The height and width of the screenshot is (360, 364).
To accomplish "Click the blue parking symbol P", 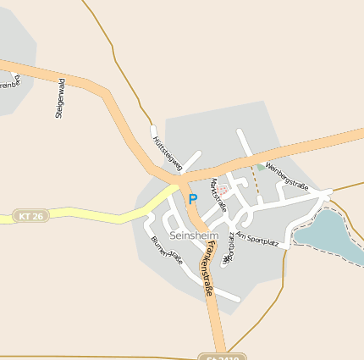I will click(x=192, y=199).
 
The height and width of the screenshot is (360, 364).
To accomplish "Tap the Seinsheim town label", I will click(x=194, y=235).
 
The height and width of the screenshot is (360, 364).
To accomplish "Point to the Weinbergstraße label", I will click(x=287, y=175).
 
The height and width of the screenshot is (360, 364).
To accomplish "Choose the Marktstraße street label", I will click(x=218, y=195).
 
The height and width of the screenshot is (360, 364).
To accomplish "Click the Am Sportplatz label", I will click(x=257, y=238).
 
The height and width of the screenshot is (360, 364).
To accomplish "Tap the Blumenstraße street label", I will click(x=167, y=251).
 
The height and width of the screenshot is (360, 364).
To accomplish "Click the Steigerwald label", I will click(x=59, y=98).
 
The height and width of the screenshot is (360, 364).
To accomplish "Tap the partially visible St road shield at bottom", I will click(x=221, y=357).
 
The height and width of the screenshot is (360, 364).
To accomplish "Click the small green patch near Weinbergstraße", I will click(x=260, y=167).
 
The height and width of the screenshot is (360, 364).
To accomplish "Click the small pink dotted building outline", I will click(x=222, y=191).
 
